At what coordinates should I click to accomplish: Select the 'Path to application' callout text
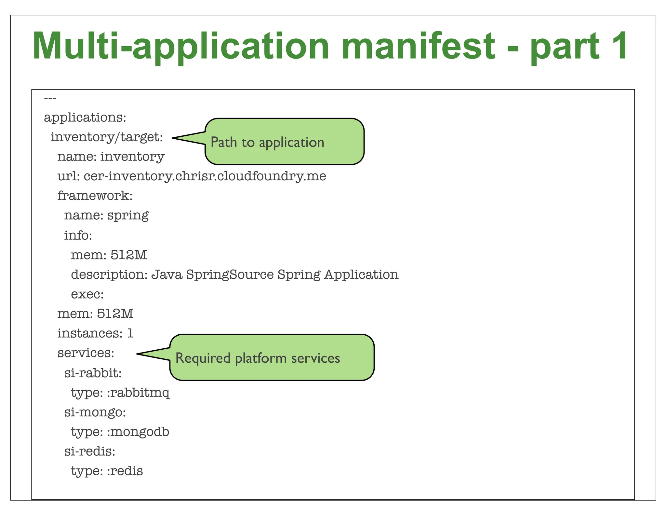[x=267, y=142]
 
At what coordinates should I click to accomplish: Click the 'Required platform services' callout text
[x=258, y=358]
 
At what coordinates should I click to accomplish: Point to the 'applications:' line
[x=85, y=117]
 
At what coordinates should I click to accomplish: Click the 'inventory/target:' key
[x=107, y=137]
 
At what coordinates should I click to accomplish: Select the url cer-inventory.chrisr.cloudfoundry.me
[x=205, y=176]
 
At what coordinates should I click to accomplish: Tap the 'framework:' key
[x=95, y=196]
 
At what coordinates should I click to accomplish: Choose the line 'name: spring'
[x=106, y=216]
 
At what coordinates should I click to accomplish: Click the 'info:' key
[x=78, y=235]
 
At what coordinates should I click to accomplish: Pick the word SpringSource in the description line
[x=230, y=274]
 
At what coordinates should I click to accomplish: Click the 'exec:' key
[x=87, y=294]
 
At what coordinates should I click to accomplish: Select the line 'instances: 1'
[x=95, y=333]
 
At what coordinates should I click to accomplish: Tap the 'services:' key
[x=86, y=353]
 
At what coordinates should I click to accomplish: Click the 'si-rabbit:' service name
[x=93, y=373]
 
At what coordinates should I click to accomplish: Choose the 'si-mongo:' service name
[x=95, y=412]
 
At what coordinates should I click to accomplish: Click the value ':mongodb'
[x=138, y=432]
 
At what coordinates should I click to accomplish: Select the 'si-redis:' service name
[x=90, y=452]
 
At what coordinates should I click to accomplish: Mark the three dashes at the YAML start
[x=50, y=98]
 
